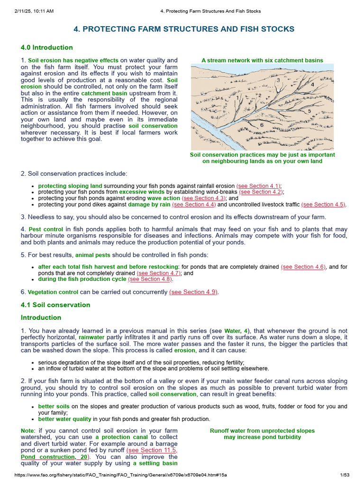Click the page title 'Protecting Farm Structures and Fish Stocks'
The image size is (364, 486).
pos(184,29)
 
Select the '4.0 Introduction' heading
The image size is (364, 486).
pos(46,47)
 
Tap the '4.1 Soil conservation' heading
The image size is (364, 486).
pos(55,305)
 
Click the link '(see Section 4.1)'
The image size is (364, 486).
pos(259,186)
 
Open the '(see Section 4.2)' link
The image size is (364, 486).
pos(261,192)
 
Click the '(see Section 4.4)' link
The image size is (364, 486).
pos(187,204)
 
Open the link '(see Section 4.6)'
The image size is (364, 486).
pos(303,267)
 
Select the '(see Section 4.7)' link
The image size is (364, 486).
pos(159,273)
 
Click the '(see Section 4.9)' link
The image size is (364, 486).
pos(194,292)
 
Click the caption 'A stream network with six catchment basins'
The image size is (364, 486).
pos(262,60)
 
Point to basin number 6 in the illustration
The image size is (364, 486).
pos(262,125)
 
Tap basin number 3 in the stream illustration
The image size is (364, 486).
pos(277,80)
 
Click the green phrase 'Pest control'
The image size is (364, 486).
pos(45,229)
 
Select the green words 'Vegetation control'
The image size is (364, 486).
pos(53,292)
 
